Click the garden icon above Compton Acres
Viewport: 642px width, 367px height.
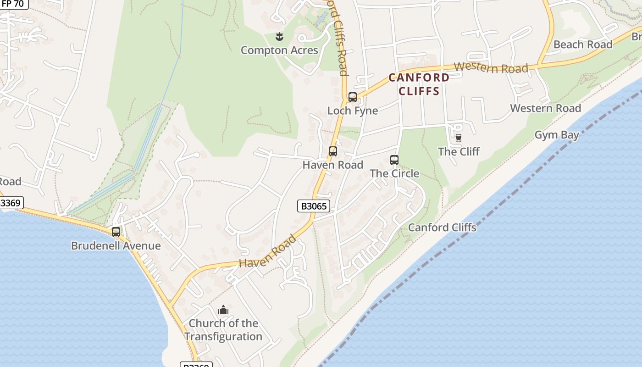[x=279, y=36]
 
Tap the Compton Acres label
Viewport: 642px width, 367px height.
[x=279, y=50]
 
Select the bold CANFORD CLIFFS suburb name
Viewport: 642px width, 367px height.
[x=419, y=84]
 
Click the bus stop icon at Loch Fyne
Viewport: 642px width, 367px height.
[x=352, y=97]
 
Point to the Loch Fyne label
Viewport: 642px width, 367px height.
[x=353, y=111]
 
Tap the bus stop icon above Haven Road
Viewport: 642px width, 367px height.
[x=333, y=151]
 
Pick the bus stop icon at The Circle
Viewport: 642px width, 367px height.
[x=394, y=160]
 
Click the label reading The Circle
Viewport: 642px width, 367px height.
[x=394, y=173]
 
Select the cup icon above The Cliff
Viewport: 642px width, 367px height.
[x=458, y=138]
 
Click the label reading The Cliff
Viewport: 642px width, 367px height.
[x=459, y=151]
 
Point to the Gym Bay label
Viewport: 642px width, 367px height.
[x=557, y=135]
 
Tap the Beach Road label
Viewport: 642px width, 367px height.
[x=583, y=44]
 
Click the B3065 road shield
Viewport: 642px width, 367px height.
[x=314, y=206]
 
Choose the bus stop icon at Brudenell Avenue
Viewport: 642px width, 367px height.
[x=116, y=232]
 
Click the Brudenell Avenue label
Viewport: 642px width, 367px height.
[x=116, y=245]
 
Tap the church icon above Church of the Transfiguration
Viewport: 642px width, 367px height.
[x=223, y=310]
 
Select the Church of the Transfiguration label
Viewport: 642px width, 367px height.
[x=223, y=330]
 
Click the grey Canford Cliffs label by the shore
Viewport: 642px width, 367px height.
[x=442, y=227]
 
